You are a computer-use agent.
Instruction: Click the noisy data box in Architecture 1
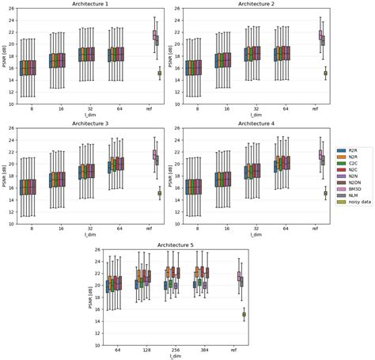(159, 73)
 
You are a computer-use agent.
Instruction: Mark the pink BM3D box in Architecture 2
(320, 35)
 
